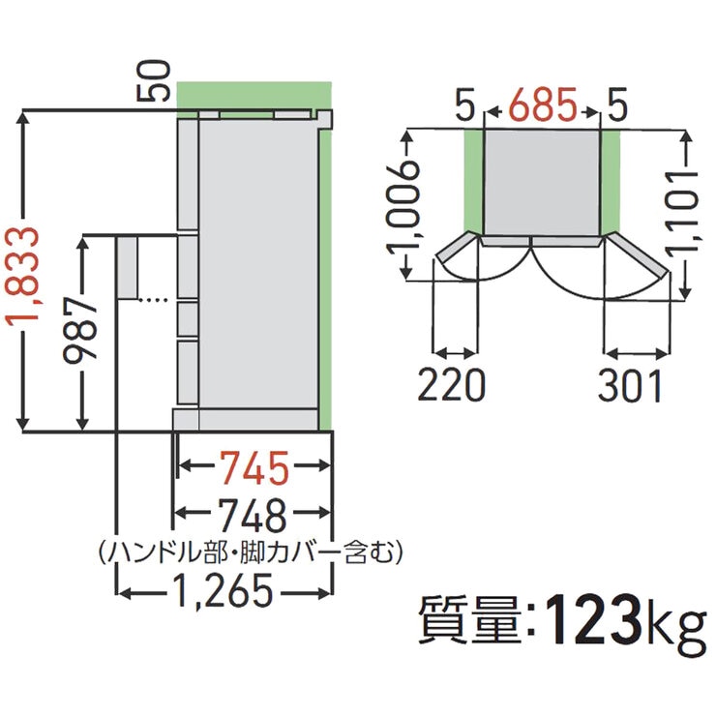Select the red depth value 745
pos(253,469)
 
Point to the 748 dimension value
pos(253,513)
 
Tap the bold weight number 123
pos(593,618)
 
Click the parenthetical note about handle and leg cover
pos(250,552)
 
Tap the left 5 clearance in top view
pos(468,100)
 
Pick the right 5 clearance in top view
pos(614,100)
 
